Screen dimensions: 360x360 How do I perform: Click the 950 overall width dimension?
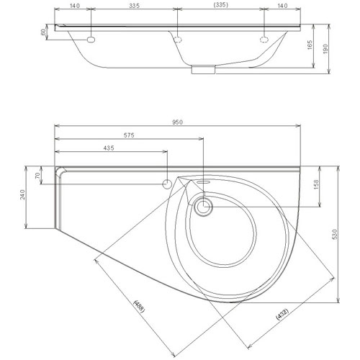(x=178, y=122)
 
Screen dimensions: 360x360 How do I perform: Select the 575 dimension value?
(x=129, y=135)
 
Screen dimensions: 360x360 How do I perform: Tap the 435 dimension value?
(x=109, y=148)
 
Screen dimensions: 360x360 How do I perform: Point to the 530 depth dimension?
(x=336, y=234)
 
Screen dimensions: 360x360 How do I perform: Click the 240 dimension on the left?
(x=22, y=194)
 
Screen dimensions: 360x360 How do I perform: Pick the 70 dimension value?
(x=37, y=176)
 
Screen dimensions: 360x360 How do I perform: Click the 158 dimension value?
(x=316, y=184)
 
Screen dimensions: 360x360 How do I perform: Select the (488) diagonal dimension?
(x=139, y=307)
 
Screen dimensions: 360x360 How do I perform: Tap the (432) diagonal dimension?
(x=282, y=314)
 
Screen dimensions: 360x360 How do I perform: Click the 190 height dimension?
(x=325, y=49)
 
